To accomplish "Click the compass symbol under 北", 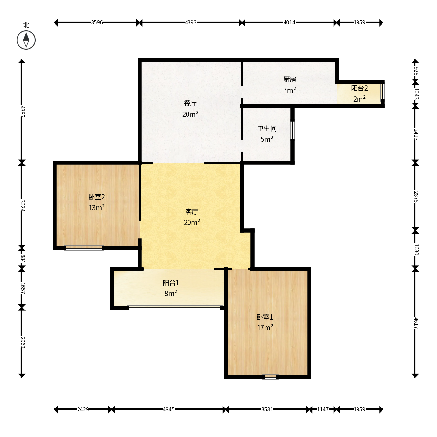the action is pos(26,40).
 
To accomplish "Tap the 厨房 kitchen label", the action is pos(290,79).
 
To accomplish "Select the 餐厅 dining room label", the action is pos(190,103).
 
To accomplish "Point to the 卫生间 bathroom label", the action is pos(267,128).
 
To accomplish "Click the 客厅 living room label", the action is pos(192,212).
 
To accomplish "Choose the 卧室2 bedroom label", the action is pos(97,197).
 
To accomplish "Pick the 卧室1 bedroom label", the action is pos(265,317).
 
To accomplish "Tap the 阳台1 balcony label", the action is pos(171,283).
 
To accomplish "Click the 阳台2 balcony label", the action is pos(359,88).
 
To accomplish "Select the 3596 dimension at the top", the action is pos(97,22).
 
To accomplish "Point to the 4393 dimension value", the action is pos(190,22).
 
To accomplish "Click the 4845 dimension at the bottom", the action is pos(169,409).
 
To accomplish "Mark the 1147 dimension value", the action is pos(323,409).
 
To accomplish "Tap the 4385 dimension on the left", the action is pos(22,111).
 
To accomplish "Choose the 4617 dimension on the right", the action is pos(416,323).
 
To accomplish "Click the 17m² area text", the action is pos(265,327).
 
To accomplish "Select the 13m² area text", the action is pos(97,207).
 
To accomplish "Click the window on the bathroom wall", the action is pos(293,130).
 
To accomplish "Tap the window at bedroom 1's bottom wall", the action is pos(271,377).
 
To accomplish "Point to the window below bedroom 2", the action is pos(84,248).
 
